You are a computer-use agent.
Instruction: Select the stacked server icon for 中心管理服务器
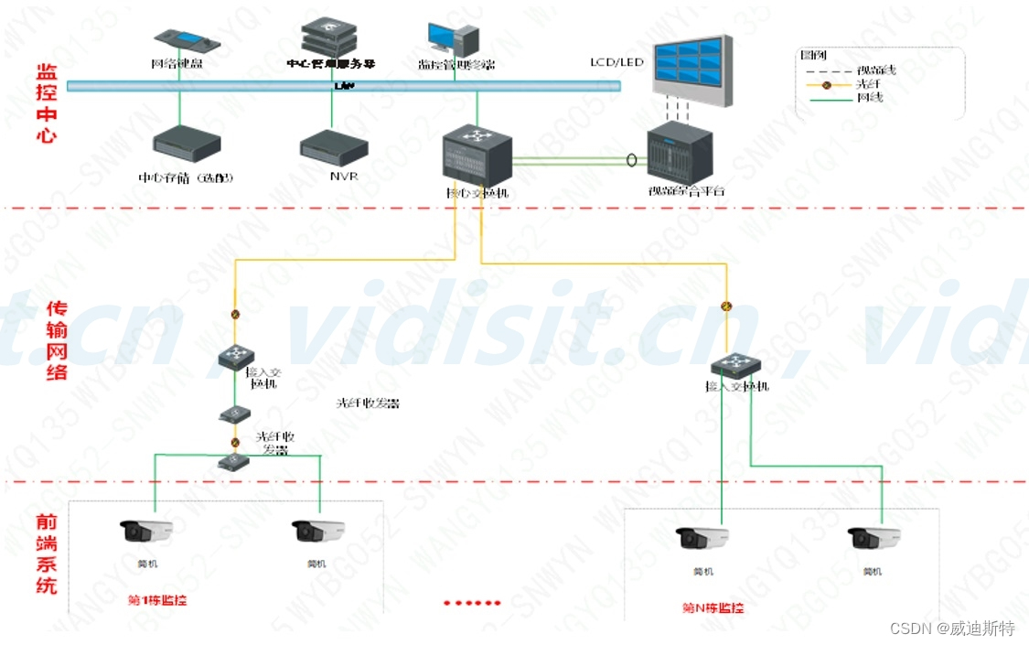pos(330,38)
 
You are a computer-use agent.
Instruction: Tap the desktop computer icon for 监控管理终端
pos(454,40)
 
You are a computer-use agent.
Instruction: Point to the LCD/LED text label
pos(616,62)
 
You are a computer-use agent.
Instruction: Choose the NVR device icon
pos(334,147)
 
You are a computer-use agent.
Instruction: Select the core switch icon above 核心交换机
pos(477,156)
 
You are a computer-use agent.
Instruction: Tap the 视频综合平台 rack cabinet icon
pos(680,155)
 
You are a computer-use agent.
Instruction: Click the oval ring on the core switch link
pos(631,160)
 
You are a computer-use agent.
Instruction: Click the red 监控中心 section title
pos(46,102)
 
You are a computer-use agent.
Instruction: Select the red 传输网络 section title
pos(57,339)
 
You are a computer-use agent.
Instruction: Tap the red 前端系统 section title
pos(46,553)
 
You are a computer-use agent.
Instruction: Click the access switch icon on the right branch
pos(735,365)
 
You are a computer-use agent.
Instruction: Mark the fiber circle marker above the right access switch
pos(726,306)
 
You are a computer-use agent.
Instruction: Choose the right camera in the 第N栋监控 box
pos(874,538)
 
